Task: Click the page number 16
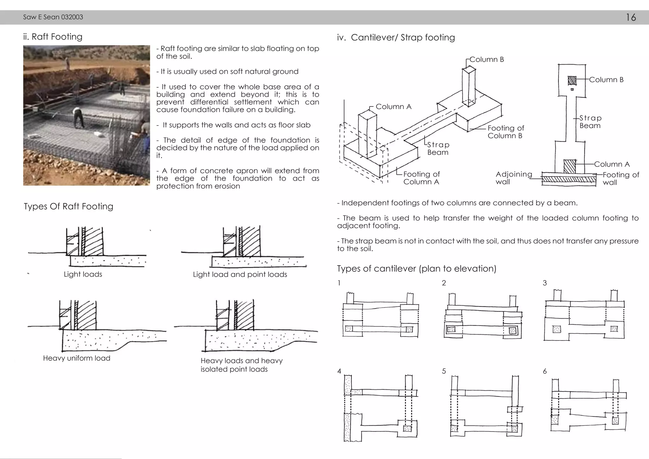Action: point(631,17)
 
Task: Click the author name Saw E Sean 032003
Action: point(53,17)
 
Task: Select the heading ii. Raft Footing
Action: point(53,37)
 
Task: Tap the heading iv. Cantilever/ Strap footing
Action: point(396,37)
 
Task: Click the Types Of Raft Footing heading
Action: point(68,206)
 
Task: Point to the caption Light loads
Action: point(83,274)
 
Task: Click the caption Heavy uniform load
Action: point(76,358)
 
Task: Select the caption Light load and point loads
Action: point(240,275)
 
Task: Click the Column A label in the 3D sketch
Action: point(393,107)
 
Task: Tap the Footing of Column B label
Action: point(505,132)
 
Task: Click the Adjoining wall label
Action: point(513,178)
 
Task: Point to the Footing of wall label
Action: point(620,178)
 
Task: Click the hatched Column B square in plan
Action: point(572,81)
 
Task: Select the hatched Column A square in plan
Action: point(569,166)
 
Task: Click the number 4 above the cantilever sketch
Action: point(339,371)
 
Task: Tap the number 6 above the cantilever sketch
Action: point(544,371)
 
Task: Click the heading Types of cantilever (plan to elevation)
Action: point(416,269)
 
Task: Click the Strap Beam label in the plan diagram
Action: point(590,122)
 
